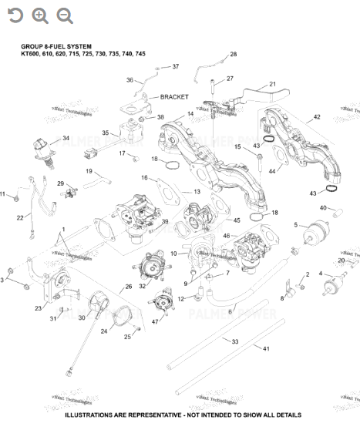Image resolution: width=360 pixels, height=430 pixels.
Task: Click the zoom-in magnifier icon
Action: pos(39,15)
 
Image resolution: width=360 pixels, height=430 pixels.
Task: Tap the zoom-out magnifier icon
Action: pos(65,15)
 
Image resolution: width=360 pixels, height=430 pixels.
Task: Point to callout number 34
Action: pos(66,139)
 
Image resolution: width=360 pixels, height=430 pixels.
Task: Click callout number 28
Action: pos(234,54)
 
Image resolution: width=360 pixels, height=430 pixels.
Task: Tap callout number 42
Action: pos(316,118)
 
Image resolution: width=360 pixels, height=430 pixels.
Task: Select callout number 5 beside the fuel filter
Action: pos(295,225)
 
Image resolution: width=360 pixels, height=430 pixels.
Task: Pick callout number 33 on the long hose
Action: pos(235,341)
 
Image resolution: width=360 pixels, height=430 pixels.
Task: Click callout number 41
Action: pos(267,349)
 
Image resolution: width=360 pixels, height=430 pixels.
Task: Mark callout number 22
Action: pos(20,218)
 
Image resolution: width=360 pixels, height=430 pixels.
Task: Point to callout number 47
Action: pos(154,321)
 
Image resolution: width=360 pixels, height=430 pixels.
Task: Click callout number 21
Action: pos(272,84)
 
